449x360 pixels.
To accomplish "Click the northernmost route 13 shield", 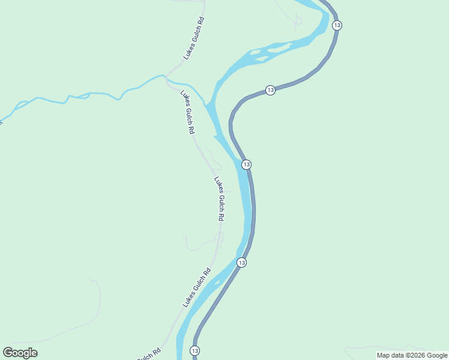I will point(337,25).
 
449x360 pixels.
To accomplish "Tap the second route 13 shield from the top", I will point(271,90).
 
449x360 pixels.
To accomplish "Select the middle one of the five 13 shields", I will point(246,164).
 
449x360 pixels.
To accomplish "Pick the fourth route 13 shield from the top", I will point(241,262).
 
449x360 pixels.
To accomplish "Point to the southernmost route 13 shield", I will point(194,350).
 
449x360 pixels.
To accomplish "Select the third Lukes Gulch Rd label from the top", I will point(220,199).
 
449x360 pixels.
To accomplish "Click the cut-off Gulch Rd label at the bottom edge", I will point(148,355).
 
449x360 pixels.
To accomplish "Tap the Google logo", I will point(20,353).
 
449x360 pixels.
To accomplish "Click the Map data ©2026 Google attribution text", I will point(412,355).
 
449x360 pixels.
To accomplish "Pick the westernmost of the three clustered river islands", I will point(255,52).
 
